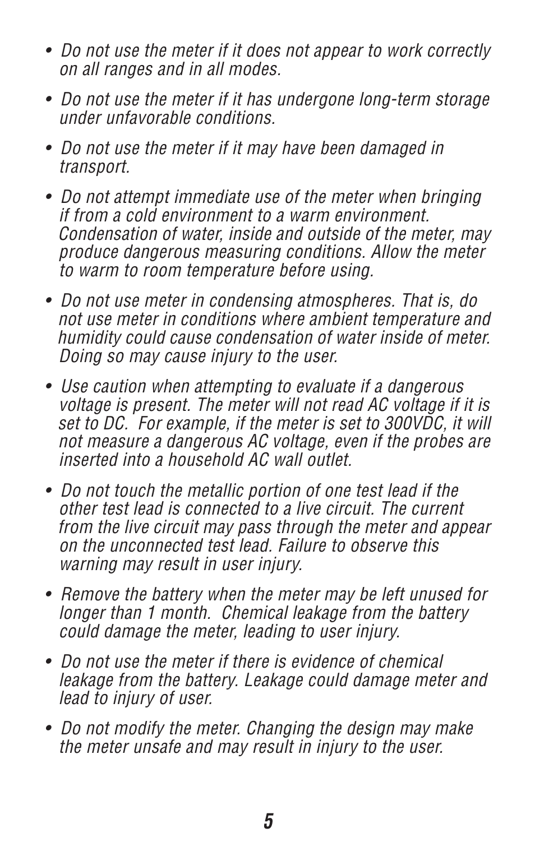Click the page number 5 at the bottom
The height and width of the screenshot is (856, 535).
[268, 822]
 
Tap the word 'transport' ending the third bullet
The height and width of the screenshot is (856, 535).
[94, 167]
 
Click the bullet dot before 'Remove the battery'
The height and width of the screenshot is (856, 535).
[49, 594]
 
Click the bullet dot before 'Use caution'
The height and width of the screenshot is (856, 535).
[49, 386]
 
